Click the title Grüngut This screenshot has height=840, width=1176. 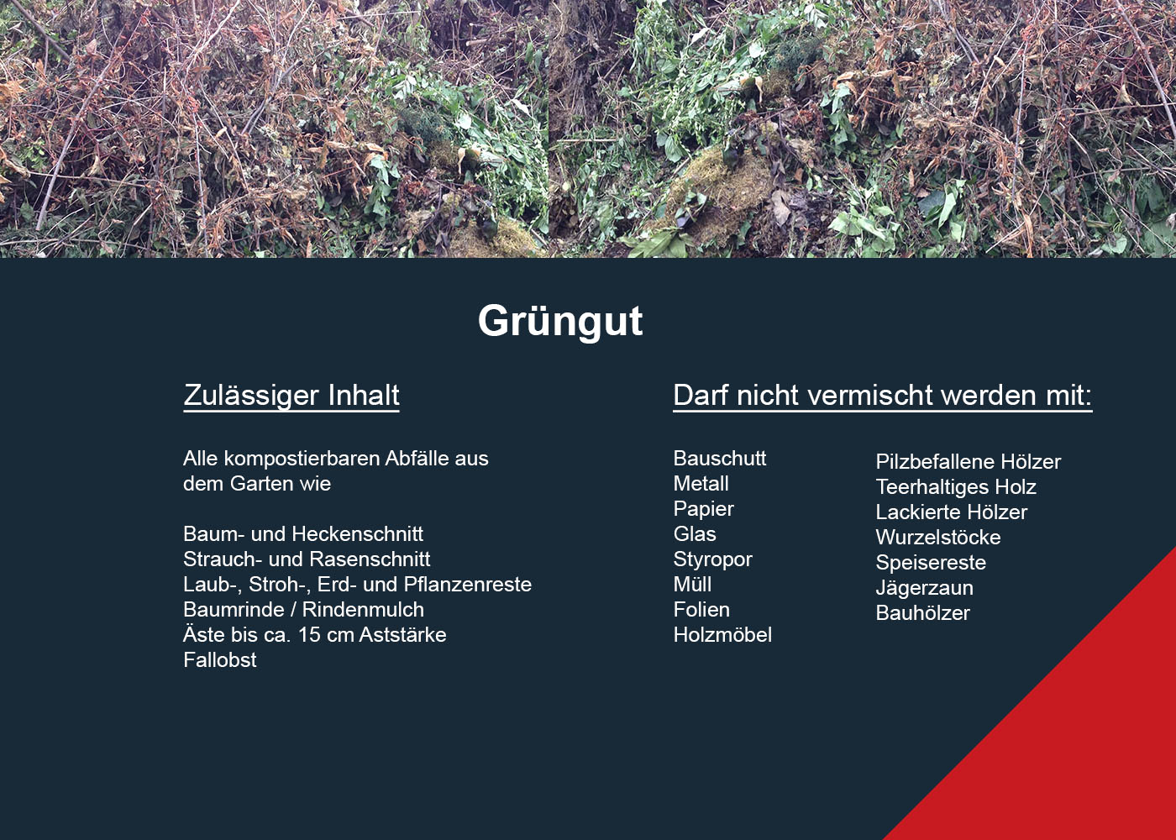click(560, 321)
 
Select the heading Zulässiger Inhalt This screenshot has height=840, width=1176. click(291, 396)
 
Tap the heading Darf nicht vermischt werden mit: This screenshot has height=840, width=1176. click(883, 396)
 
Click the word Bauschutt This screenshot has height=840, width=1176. click(720, 459)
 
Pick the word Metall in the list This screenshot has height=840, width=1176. click(701, 484)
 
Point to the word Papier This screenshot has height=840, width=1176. click(704, 509)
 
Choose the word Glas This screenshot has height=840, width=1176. click(695, 534)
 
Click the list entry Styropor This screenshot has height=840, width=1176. click(712, 559)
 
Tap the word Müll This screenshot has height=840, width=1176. click(692, 585)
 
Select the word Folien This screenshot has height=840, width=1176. click(701, 610)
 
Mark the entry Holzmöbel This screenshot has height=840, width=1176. click(722, 635)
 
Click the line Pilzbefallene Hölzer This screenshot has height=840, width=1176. click(968, 461)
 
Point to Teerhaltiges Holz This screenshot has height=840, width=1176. click(956, 487)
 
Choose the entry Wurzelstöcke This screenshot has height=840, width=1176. click(938, 537)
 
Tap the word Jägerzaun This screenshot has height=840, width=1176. click(925, 588)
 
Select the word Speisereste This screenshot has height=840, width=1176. click(931, 563)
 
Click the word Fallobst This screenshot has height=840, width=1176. click(220, 660)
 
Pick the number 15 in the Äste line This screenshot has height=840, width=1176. click(309, 635)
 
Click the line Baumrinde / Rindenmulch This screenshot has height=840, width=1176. click(303, 610)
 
